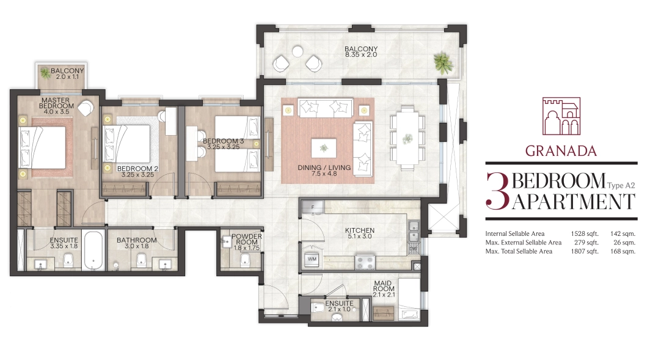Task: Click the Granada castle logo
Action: [561, 117]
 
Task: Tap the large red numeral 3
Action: [497, 191]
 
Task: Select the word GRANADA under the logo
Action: [561, 151]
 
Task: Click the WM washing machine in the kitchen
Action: [312, 259]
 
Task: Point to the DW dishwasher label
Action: [413, 249]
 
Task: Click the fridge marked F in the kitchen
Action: [313, 207]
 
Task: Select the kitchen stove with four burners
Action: [365, 262]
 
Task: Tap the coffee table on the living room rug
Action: [324, 149]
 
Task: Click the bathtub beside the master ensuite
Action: [94, 251]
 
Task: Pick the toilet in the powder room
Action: [244, 259]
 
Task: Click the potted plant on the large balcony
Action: [443, 63]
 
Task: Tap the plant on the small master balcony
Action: [45, 73]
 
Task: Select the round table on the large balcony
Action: [298, 52]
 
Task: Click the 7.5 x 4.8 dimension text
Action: [324, 174]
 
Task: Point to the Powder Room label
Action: [246, 239]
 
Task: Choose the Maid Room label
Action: [384, 286]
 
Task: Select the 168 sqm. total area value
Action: [623, 251]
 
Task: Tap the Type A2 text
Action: [621, 186]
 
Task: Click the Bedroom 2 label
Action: [137, 169]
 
